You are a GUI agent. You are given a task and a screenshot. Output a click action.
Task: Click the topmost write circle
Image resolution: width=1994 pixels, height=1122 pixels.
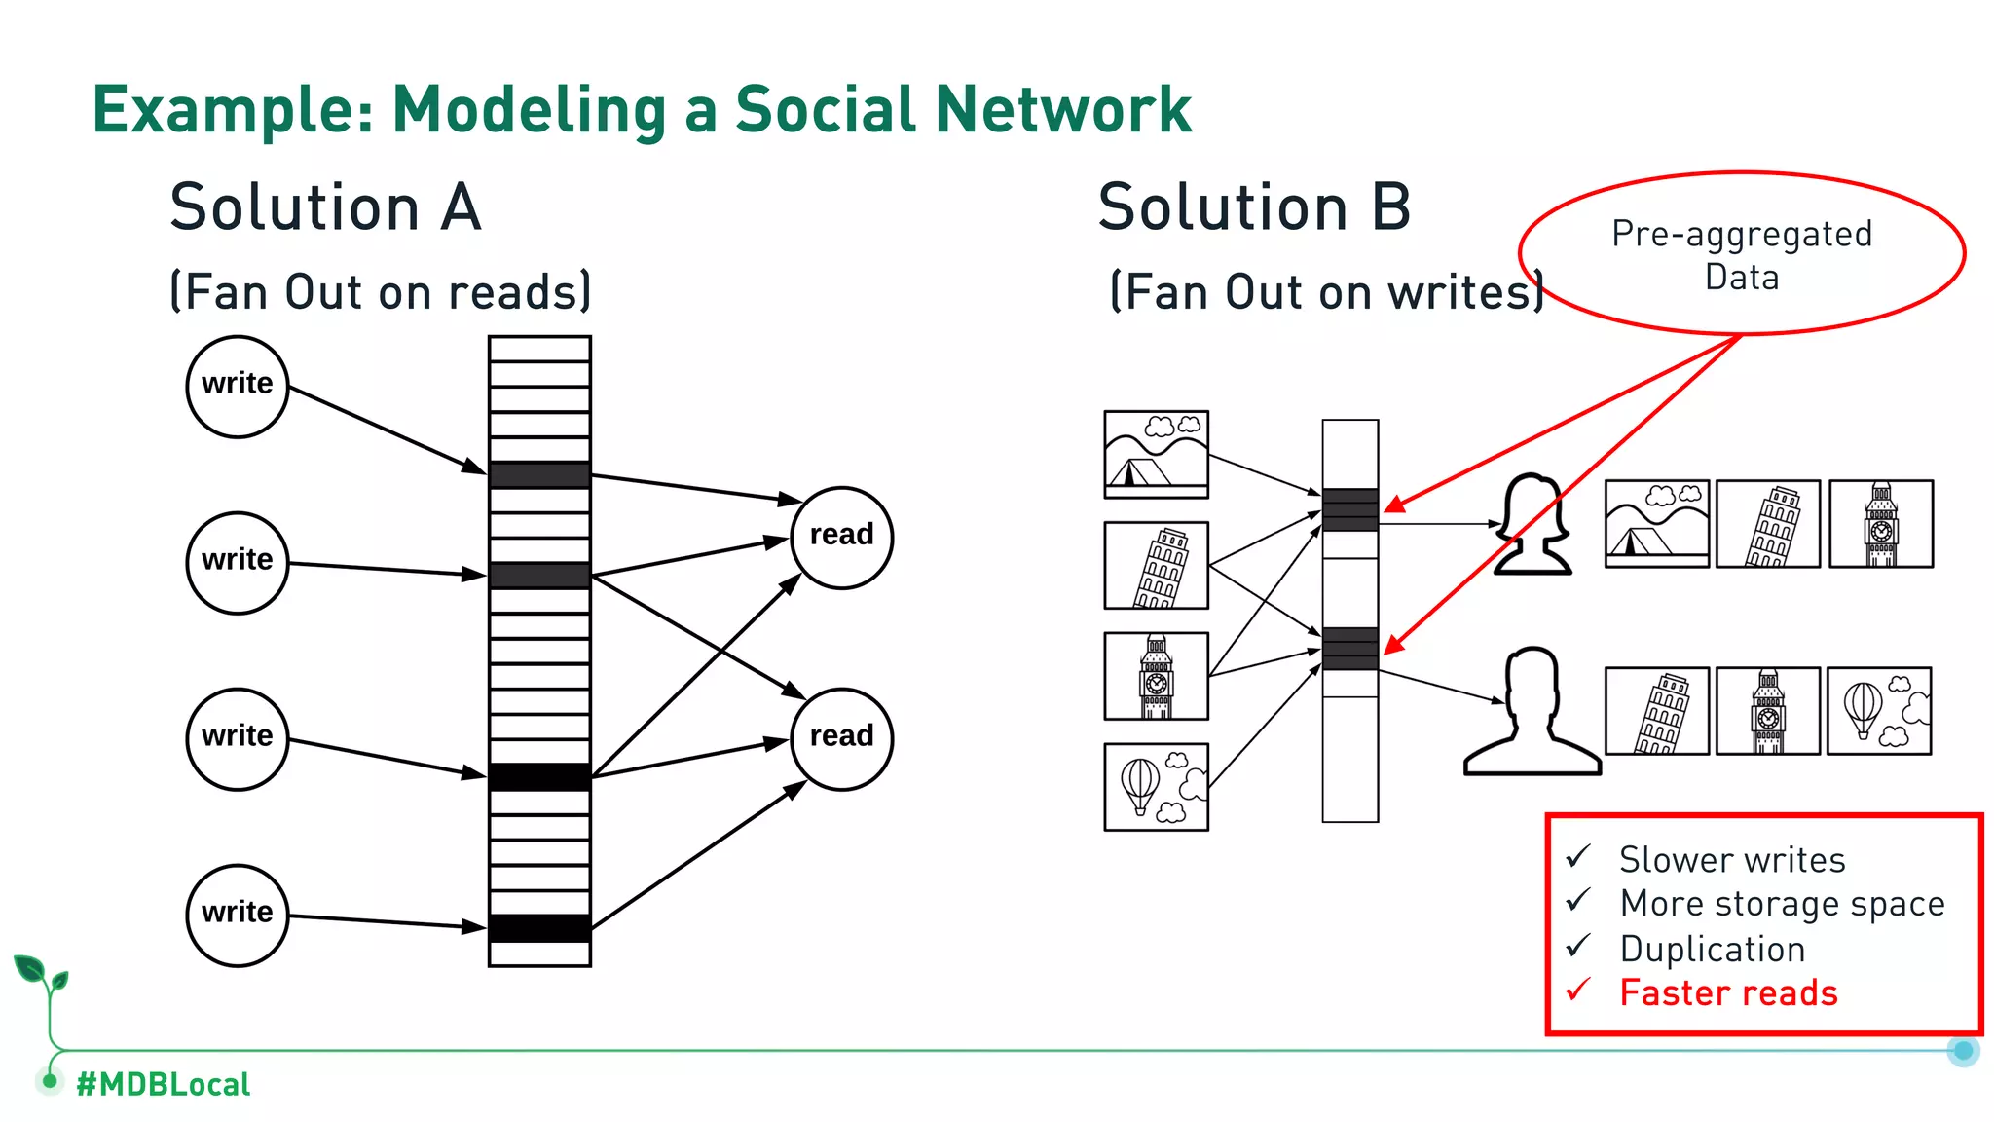coord(238,387)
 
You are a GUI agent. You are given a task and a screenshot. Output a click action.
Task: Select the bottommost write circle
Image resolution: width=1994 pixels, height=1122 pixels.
coord(238,915)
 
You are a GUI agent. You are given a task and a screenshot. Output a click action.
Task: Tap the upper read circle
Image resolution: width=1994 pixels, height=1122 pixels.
coord(841,538)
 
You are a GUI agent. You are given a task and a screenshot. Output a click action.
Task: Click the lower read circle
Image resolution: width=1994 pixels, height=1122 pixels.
coord(841,738)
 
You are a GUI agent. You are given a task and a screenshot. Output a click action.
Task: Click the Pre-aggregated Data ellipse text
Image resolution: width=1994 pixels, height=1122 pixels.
coord(1742,255)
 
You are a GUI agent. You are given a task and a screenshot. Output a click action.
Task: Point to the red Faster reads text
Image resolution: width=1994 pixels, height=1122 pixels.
coord(1728,992)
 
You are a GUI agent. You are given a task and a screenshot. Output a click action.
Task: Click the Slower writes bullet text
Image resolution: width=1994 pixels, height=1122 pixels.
coord(1732,860)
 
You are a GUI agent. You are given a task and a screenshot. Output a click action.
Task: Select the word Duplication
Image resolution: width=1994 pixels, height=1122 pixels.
coord(1713,949)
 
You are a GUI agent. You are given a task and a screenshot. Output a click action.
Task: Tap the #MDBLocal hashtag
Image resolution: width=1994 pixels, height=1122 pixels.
coord(163,1084)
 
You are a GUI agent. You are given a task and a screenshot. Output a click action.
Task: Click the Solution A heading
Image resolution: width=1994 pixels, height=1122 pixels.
coord(325,207)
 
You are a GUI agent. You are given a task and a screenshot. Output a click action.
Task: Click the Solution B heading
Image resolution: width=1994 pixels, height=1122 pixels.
coord(1254,207)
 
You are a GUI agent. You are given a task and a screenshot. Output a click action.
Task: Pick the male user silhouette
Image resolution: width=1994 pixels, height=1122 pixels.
coord(1532,712)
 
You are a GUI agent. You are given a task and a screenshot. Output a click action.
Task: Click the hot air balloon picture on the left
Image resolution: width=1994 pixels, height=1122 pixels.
coord(1156,787)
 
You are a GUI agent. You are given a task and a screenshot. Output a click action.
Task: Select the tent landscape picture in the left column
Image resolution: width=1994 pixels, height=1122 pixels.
coord(1156,454)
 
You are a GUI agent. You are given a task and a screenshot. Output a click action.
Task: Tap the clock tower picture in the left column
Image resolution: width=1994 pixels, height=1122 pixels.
coord(1156,676)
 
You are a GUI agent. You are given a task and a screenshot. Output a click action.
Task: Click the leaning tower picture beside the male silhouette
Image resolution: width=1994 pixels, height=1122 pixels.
coord(1656,711)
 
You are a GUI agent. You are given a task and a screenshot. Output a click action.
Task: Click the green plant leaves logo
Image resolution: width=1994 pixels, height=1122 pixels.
coord(41,974)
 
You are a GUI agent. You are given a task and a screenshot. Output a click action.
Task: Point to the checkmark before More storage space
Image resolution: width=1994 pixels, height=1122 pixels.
coord(1578,901)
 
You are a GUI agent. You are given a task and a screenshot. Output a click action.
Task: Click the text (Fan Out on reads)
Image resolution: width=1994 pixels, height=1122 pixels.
coord(380,292)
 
